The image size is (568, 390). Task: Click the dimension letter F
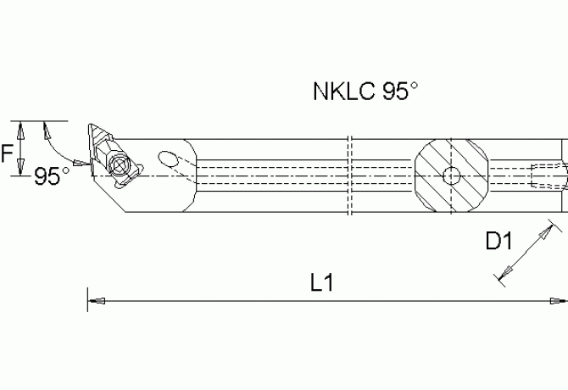coord(7,152)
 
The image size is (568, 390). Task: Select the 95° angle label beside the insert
coord(52,176)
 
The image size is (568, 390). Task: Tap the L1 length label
coord(320,282)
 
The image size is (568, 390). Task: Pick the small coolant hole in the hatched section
coord(453,176)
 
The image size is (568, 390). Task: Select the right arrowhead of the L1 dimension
coord(560,300)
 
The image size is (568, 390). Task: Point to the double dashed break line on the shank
coord(349,175)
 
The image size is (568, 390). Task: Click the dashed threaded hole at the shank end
coord(547,176)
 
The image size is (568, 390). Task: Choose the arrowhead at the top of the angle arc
coord(47,127)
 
